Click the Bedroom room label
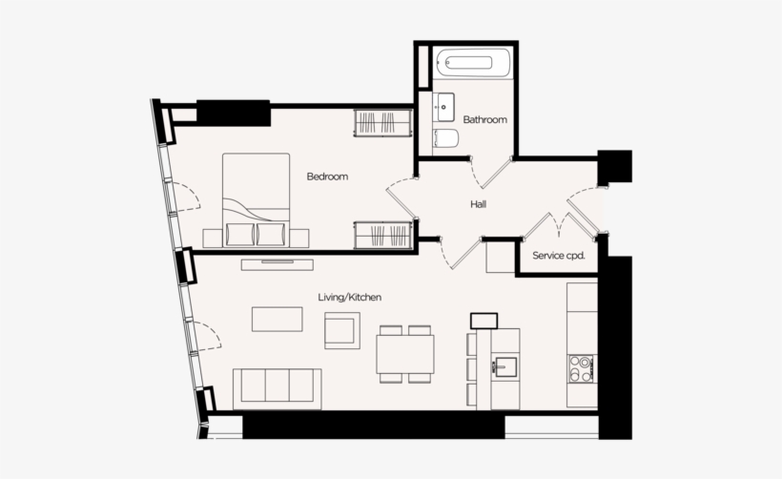coord(327,177)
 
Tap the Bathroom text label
coord(484,120)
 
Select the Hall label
coord(478,204)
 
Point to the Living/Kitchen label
coord(350,298)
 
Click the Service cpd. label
coord(559,256)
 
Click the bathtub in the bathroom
coord(472,62)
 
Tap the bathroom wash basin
coord(442,107)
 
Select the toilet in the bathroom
coord(445,138)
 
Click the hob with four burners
coord(582,368)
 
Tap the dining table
coord(405,354)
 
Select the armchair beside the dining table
coord(342,330)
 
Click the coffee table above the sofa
coord(277,320)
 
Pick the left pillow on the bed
coord(240,234)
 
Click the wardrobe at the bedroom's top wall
coord(382,123)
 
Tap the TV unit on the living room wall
coord(278,264)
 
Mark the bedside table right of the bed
coord(299,238)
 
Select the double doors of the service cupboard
coord(559,225)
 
